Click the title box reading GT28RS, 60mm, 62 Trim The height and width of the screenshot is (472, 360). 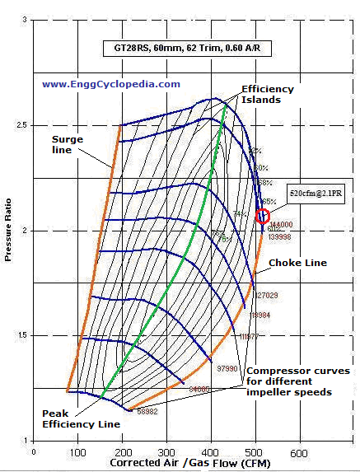click(189, 49)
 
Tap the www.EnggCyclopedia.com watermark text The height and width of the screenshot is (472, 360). click(111, 84)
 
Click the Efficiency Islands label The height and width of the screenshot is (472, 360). click(261, 94)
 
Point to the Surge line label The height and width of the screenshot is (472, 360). click(67, 145)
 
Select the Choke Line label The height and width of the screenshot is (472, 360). click(298, 263)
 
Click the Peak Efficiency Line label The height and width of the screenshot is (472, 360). click(82, 418)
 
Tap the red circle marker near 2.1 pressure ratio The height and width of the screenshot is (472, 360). click(263, 216)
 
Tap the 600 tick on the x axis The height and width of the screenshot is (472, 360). click(298, 453)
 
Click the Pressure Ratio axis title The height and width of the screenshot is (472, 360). click(9, 231)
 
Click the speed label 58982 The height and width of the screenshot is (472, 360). click(148, 411)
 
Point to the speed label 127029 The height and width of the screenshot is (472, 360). click(266, 295)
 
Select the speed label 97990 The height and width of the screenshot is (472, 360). click(227, 368)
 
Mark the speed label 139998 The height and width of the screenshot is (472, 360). click(281, 236)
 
